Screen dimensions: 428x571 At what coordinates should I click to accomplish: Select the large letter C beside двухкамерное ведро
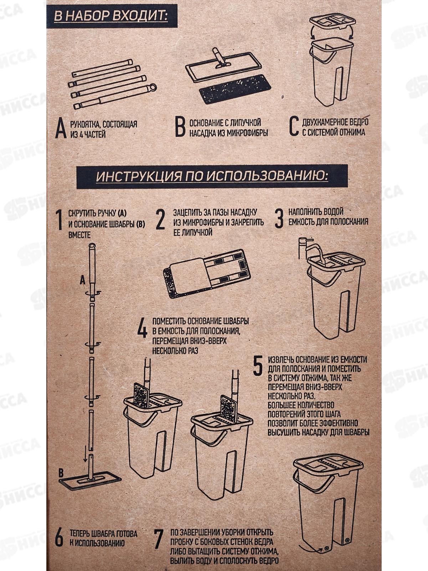[x=294, y=126]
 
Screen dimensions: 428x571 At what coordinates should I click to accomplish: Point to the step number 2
[x=160, y=220]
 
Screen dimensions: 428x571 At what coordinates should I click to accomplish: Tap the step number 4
[x=142, y=329]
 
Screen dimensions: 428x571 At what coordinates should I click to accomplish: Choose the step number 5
[x=257, y=367]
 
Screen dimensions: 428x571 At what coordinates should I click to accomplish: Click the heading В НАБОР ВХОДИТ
[x=111, y=16]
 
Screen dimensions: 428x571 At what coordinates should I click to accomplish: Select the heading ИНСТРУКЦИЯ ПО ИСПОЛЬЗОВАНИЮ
[x=212, y=177]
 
